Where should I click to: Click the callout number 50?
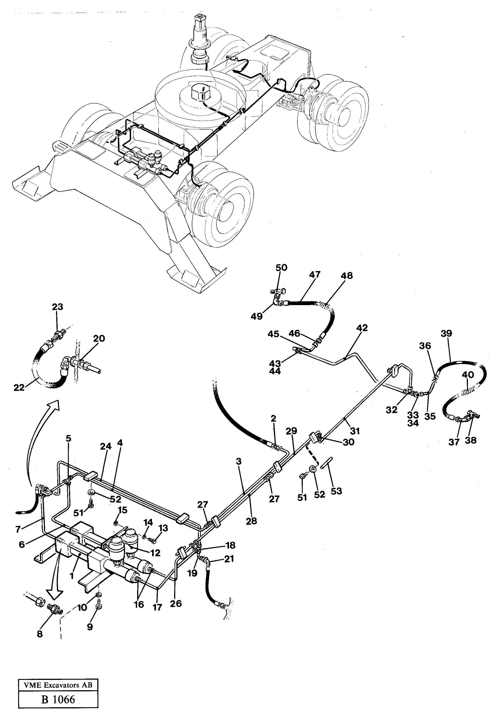click(x=281, y=267)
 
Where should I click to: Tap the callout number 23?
click(x=57, y=307)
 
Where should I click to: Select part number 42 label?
click(x=362, y=328)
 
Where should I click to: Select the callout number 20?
click(x=99, y=339)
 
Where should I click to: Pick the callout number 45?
click(x=273, y=334)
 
